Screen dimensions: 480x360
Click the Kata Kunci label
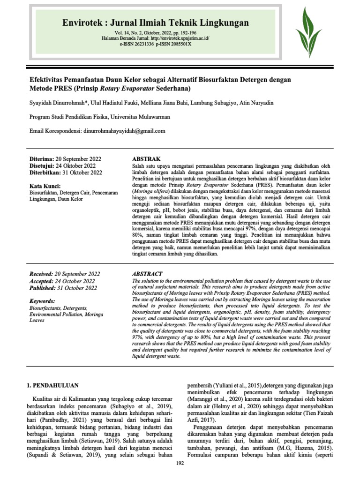pos(45,186)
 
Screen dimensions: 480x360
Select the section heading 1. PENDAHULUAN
pos(52,385)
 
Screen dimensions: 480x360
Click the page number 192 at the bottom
pos(180,464)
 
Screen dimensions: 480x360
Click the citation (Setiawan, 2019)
pos(93,441)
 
